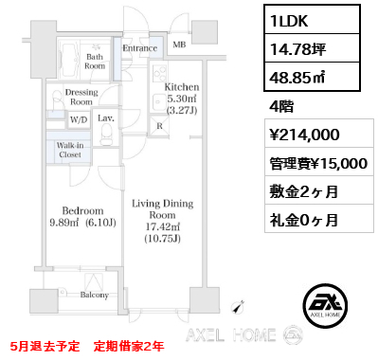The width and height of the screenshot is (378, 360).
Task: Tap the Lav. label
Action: click(105, 119)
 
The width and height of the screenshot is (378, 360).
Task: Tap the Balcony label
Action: click(106, 296)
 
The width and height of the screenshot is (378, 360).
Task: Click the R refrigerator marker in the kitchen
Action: click(158, 124)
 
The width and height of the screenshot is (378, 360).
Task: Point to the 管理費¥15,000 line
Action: click(321, 163)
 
